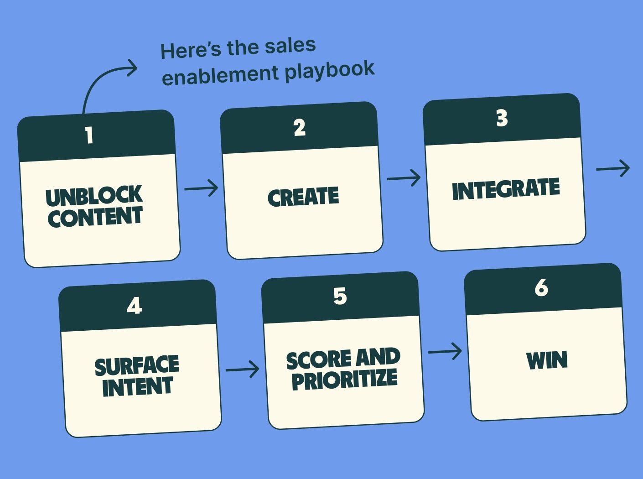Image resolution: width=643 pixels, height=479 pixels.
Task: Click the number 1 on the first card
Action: [89, 135]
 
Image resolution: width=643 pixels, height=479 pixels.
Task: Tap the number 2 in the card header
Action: [300, 128]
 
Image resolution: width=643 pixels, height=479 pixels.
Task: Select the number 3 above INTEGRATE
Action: [502, 119]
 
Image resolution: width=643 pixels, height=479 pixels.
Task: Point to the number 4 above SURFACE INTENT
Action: [135, 306]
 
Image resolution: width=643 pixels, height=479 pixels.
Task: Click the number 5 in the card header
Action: [340, 297]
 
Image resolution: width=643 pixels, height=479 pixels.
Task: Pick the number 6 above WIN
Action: [541, 288]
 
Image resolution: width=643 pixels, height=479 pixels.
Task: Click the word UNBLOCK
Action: [94, 196]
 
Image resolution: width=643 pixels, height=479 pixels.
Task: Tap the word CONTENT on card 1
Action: [95, 217]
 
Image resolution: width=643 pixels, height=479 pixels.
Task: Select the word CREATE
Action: [303, 197]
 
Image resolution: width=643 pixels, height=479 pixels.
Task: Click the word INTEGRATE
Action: [506, 189]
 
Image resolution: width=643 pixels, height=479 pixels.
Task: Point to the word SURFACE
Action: [137, 365]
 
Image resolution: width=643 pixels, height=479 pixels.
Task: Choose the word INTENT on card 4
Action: [137, 387]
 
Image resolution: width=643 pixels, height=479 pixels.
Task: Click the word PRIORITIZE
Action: [344, 380]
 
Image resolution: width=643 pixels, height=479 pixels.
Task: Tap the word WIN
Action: [547, 360]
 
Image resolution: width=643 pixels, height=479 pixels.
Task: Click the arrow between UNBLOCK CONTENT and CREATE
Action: [201, 188]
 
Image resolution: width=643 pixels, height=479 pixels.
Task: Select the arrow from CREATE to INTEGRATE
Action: [404, 178]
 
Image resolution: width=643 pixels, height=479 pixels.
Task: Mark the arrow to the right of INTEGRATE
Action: [613, 168]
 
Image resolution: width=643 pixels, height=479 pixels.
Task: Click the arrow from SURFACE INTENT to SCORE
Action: [242, 369]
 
